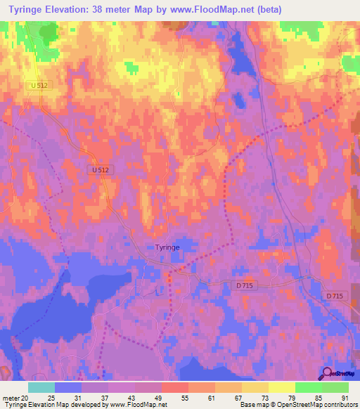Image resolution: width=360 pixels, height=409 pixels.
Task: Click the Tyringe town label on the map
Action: tap(168, 247)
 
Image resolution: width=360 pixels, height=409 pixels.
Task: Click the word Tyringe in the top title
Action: tap(27, 9)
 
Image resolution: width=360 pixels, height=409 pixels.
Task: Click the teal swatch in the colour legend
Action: tap(41, 387)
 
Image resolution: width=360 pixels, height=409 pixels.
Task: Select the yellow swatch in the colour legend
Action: tap(282, 387)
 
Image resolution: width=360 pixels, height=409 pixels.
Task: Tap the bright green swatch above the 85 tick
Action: tap(309, 387)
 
